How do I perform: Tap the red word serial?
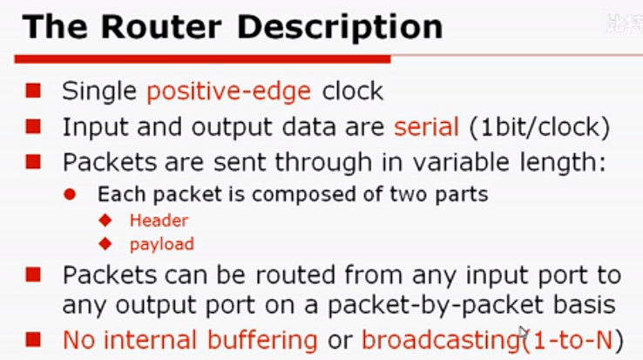pos(426,126)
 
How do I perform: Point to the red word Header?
pos(159,221)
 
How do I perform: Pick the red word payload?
pos(161,244)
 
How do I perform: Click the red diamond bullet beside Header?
pos(107,221)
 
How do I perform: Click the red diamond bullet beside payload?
pos(107,244)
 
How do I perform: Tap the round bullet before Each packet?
pos(72,194)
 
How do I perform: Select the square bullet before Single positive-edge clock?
pos(33,91)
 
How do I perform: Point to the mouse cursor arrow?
pos(523,333)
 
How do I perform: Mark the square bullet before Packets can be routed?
pos(33,275)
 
